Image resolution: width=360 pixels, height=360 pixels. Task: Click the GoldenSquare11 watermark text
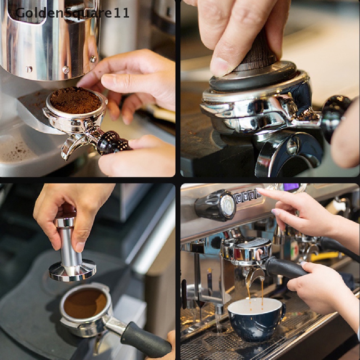click(x=72, y=13)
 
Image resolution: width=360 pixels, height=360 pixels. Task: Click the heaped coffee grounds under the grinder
click(x=75, y=101)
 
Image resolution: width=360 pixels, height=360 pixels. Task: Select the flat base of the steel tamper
click(x=72, y=271)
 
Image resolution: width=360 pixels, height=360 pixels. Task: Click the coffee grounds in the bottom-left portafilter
click(x=85, y=302)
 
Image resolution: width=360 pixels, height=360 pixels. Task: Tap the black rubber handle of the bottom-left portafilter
click(x=146, y=340)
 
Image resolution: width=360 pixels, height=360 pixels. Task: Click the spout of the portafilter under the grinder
click(x=70, y=146)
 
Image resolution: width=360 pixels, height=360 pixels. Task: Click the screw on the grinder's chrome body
click(x=66, y=70)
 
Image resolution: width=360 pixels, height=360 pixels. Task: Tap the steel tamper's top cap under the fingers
click(x=65, y=221)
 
